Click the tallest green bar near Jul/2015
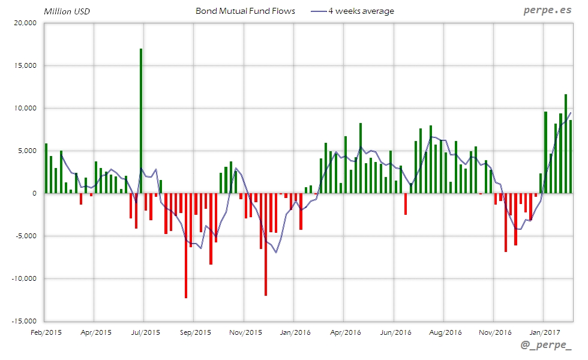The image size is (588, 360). [141, 120]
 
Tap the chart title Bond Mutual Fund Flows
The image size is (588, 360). [245, 11]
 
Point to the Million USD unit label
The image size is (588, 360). [67, 11]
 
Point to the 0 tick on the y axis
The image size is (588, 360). [35, 193]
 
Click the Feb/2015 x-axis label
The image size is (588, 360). [46, 331]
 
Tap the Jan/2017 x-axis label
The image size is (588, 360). [544, 331]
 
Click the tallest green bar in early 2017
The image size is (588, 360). [565, 143]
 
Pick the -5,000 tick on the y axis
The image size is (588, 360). [25, 236]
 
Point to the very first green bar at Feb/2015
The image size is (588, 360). [46, 168]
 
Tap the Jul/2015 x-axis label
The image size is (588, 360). [145, 331]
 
